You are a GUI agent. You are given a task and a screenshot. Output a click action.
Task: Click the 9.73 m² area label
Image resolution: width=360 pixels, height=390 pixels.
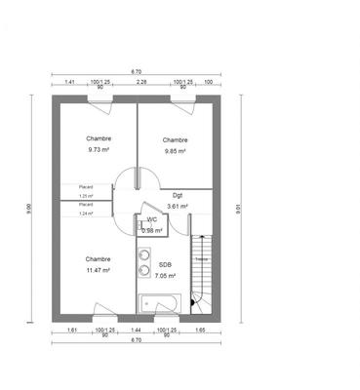pos(99,149)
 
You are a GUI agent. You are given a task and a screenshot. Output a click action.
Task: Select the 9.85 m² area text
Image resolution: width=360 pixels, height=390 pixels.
pos(176,150)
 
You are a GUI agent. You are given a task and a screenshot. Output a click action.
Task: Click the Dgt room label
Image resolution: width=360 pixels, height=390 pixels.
pos(177,197)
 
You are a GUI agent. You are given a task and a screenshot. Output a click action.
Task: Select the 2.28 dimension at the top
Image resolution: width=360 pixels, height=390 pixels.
pos(140,83)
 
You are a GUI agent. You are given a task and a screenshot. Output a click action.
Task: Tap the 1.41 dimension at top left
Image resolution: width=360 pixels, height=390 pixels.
pos(69,83)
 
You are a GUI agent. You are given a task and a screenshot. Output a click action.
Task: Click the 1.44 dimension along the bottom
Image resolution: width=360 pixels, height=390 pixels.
pos(137,331)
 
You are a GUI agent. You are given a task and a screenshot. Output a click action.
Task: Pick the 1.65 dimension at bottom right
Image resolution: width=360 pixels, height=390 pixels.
pos(200,331)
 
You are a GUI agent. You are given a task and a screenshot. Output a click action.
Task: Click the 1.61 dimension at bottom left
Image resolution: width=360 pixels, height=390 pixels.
pos(72,331)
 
